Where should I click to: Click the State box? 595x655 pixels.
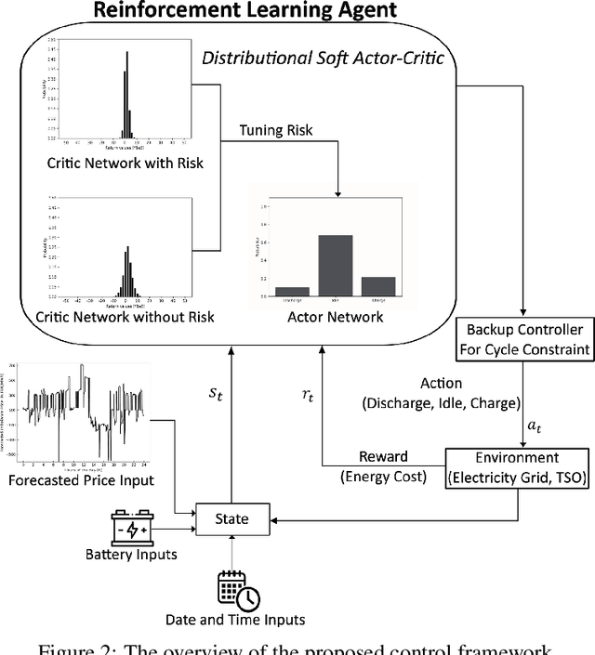tap(231, 518)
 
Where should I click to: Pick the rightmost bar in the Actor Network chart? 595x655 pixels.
tap(379, 286)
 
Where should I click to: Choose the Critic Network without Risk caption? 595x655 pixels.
tap(125, 317)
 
